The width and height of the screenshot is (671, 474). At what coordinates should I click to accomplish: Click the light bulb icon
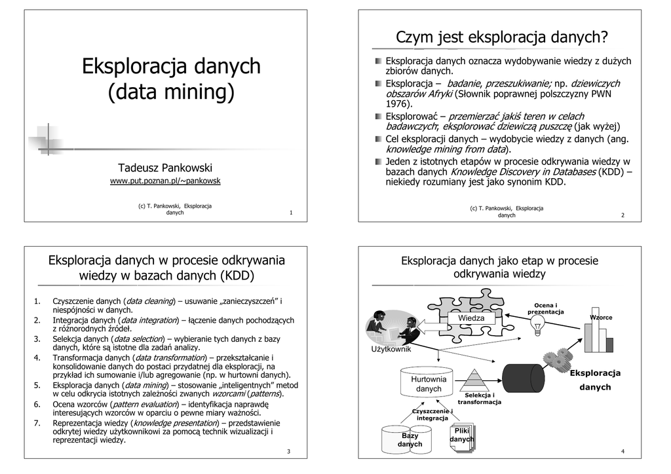539,327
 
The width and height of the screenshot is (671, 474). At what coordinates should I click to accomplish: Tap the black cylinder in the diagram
523,378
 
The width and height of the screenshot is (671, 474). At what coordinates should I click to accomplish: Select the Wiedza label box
471,318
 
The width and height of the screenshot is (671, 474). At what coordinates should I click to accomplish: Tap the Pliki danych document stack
463,437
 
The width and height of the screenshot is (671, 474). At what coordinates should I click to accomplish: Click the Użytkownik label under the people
391,349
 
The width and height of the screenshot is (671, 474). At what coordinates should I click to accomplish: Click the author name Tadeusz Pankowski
165,168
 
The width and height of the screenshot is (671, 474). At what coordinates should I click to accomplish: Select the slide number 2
623,215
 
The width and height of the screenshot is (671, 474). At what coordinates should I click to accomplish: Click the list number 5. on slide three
37,386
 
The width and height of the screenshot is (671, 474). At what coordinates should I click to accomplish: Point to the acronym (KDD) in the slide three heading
237,275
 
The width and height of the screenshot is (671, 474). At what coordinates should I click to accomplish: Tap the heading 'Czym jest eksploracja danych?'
502,37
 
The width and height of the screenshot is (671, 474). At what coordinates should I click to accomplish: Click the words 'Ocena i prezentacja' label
545,308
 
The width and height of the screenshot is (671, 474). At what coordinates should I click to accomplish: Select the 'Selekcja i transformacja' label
479,399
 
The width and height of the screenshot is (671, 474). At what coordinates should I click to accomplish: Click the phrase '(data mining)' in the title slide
170,92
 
